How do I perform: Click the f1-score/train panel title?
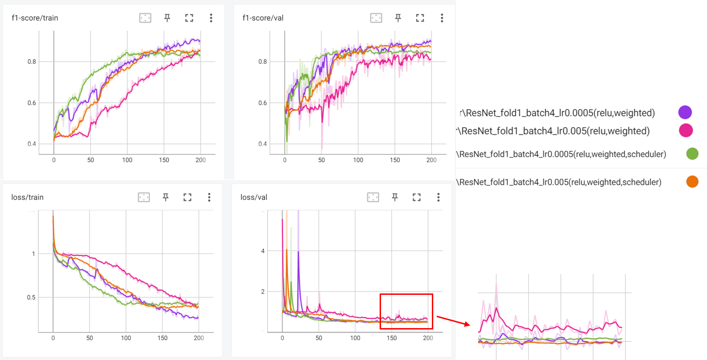tap(35, 18)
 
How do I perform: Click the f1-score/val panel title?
tap(263, 18)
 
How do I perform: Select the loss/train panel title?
tap(27, 197)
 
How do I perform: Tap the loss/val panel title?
tap(254, 197)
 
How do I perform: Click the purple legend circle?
tap(685, 112)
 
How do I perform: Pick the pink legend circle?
tap(685, 131)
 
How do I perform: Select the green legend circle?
tap(692, 154)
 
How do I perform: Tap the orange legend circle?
tap(692, 182)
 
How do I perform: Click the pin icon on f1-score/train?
tap(167, 18)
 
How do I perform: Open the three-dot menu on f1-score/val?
tap(442, 18)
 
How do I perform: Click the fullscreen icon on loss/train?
tap(187, 197)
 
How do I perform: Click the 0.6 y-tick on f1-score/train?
tap(31, 103)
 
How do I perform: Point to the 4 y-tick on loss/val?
tap(263, 251)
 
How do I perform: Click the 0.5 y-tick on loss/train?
tap(31, 297)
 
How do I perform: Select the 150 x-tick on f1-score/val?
tap(394, 160)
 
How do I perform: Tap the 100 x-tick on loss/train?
tap(126, 338)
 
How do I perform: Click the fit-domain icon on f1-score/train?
tap(145, 18)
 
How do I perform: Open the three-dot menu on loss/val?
tap(438, 197)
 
